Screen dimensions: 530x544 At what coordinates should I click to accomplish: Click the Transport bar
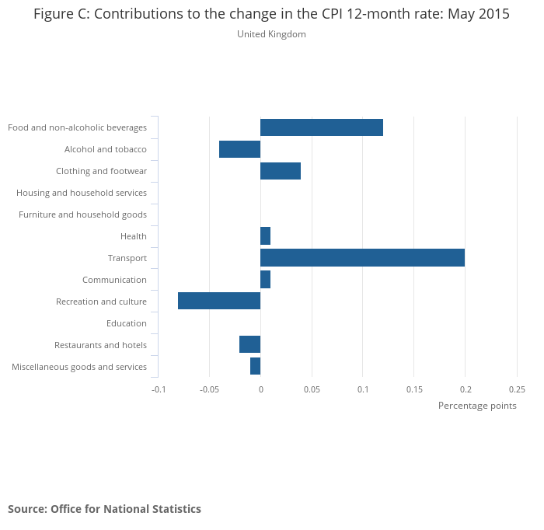[362, 258]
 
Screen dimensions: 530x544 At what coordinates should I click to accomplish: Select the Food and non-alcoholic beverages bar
[322, 127]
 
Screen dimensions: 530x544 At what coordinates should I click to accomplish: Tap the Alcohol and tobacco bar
[239, 149]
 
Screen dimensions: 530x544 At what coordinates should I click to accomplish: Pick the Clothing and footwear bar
[281, 171]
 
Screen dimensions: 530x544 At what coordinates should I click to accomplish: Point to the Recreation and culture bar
[219, 302]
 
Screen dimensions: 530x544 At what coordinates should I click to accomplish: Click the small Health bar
[265, 236]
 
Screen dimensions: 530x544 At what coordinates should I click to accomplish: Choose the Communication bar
[265, 280]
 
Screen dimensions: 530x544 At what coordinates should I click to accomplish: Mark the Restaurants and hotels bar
[249, 345]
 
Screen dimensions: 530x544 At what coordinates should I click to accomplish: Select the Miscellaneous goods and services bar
[255, 367]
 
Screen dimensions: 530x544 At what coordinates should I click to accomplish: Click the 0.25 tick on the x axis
[517, 389]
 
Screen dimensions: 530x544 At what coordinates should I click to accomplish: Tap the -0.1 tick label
[159, 389]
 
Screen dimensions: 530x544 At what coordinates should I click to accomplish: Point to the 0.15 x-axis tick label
[413, 389]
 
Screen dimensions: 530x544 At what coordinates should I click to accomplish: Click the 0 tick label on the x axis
[260, 389]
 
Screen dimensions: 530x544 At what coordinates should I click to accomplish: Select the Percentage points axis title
[477, 406]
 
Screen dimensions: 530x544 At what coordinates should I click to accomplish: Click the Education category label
[127, 323]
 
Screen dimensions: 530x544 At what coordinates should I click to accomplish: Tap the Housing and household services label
[82, 193]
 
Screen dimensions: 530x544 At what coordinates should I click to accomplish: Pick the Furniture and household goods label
[82, 214]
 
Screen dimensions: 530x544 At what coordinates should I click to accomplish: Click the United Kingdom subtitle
[271, 34]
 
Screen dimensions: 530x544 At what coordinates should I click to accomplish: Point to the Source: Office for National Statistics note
[104, 509]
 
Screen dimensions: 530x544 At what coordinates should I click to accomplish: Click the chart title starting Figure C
[271, 15]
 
